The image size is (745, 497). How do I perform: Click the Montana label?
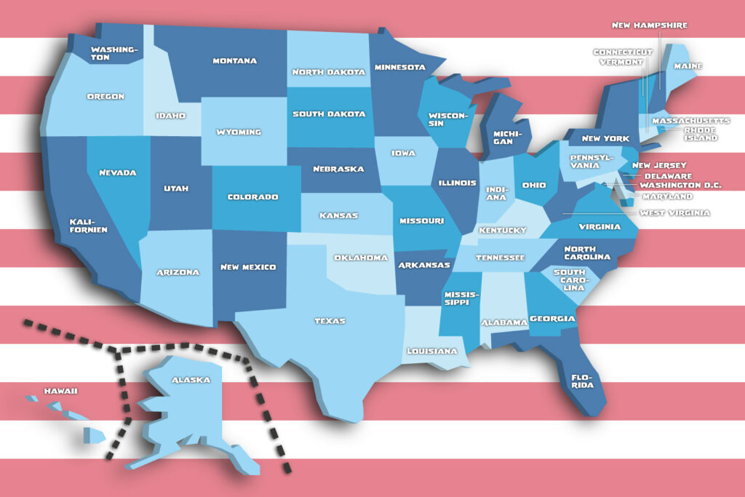coord(234,60)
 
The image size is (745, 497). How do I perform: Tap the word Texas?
coord(330,321)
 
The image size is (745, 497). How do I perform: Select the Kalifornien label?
coord(88,225)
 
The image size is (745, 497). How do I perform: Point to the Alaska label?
coord(191,380)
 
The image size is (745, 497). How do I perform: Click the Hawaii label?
coord(60,391)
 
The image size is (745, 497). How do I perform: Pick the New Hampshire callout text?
coord(649,25)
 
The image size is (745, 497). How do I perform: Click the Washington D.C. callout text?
coord(680,185)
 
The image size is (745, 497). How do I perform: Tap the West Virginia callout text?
coord(674,212)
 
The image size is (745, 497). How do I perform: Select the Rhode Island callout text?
coord(700,134)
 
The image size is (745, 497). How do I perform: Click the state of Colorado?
coord(253,196)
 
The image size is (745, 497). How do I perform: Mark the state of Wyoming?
coord(239,132)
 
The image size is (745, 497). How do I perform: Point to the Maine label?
coord(688,66)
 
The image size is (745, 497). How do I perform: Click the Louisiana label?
coord(432,351)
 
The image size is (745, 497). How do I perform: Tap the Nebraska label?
coord(338,169)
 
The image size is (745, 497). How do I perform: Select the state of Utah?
coord(177,188)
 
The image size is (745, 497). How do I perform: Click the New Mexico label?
coord(249,267)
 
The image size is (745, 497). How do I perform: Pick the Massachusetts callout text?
coord(690,120)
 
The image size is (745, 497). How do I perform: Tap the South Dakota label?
coord(329,114)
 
